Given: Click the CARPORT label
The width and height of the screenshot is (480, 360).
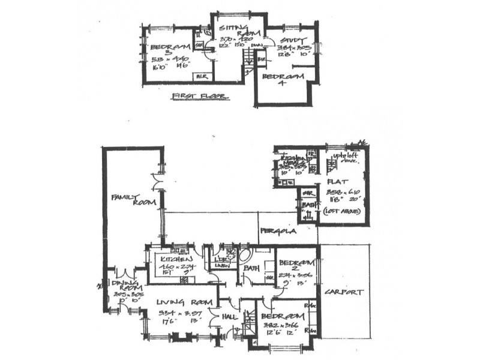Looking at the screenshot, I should pyautogui.click(x=344, y=292).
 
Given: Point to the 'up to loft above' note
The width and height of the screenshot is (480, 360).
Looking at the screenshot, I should pyautogui.click(x=344, y=158).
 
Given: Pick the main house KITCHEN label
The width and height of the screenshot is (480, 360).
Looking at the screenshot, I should pyautogui.click(x=172, y=259).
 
